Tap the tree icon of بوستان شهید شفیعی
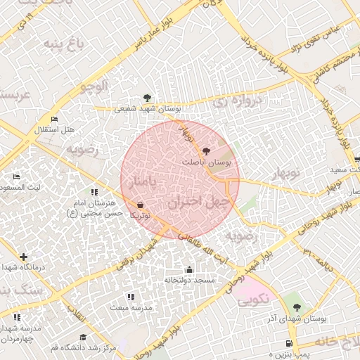point(146,98)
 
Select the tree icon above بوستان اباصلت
point(205,151)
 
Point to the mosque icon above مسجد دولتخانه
point(189,269)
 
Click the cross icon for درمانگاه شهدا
point(25,257)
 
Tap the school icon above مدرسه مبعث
point(130,297)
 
